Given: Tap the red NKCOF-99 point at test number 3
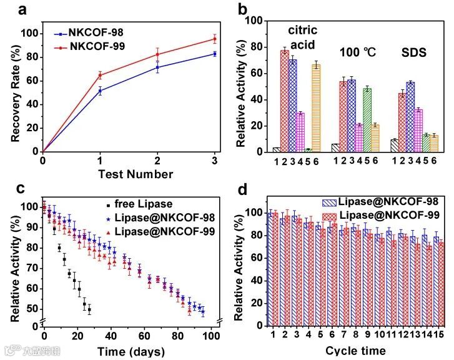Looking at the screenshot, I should [x=214, y=39].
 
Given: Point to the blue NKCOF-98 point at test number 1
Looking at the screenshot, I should [x=100, y=91].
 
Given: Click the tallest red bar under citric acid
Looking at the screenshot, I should [x=284, y=100].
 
